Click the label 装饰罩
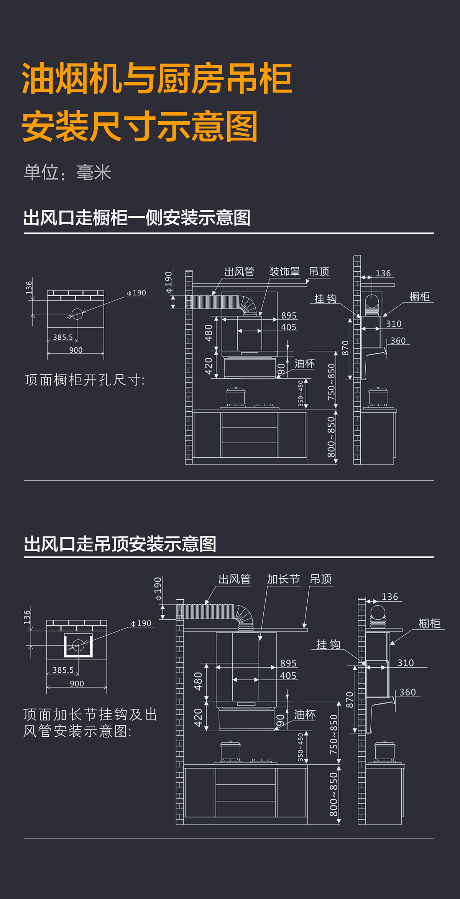[284, 272]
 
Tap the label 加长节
[283, 579]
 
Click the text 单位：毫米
[67, 173]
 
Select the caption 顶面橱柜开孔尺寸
[85, 380]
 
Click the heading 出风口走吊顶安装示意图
[120, 544]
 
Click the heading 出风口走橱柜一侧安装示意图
[137, 218]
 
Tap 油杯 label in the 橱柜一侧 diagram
[305, 363]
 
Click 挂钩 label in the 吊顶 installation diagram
[328, 644]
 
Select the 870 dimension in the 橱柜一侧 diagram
[345, 348]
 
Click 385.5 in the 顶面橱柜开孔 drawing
[63, 337]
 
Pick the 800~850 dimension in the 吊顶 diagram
[333, 794]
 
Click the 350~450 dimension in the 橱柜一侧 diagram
[301, 393]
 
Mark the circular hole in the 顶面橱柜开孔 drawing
[77, 314]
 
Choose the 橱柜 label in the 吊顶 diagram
[429, 624]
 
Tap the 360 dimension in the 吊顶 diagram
[407, 692]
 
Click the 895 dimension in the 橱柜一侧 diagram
[289, 315]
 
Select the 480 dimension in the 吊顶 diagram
[198, 681]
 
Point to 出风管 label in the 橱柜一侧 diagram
[240, 272]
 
